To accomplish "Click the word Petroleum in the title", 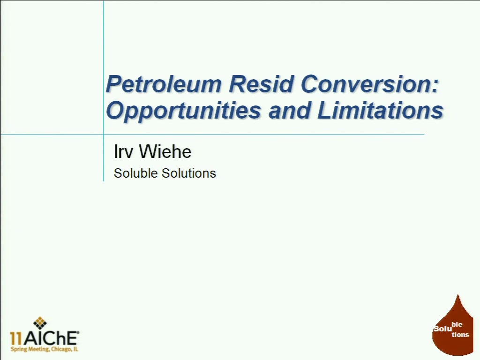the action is pyautogui.click(x=164, y=84).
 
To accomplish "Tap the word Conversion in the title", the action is pyautogui.click(x=366, y=84).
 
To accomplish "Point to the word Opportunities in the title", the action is pyautogui.click(x=183, y=111).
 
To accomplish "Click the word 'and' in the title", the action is pyautogui.click(x=289, y=110).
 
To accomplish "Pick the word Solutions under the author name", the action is pyautogui.click(x=189, y=173).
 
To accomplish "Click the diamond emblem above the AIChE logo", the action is pyautogui.click(x=40, y=323).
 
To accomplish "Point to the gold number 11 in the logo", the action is pyautogui.click(x=16, y=338).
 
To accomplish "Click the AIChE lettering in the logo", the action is pyautogui.click(x=51, y=338).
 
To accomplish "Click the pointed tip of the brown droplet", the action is pyautogui.click(x=457, y=294).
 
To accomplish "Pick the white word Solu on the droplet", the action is pyautogui.click(x=442, y=329).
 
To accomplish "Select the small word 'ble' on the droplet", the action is pyautogui.click(x=457, y=324).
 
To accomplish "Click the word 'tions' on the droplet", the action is pyautogui.click(x=460, y=335).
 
